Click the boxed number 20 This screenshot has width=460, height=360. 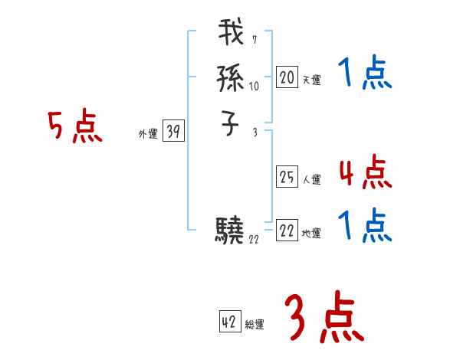click(x=286, y=77)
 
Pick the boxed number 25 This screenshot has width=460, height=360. click(x=286, y=178)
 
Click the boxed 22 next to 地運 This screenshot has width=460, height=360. click(x=286, y=231)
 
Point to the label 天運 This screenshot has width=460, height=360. click(x=311, y=79)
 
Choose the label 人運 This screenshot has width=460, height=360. click(x=311, y=180)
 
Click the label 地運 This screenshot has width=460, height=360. click(x=311, y=233)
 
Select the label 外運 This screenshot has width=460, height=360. click(x=148, y=134)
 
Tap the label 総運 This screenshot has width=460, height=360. click(x=255, y=325)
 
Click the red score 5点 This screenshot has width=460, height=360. click(x=74, y=126)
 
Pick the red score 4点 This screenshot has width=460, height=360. click(x=365, y=172)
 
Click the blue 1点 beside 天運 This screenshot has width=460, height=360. click(x=365, y=75)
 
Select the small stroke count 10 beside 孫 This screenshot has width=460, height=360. click(x=254, y=87)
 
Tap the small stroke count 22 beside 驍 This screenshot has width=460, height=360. click(x=254, y=239)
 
